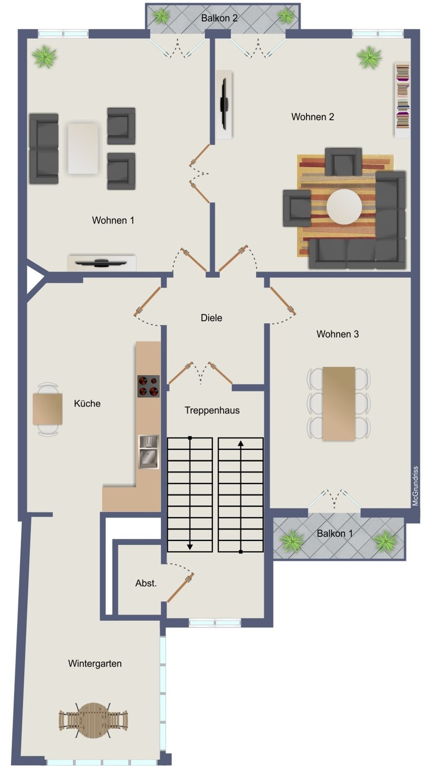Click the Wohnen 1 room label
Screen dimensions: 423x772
113,220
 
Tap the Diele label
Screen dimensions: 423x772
211,318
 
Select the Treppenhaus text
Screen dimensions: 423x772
212,410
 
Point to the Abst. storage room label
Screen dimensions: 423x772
146,583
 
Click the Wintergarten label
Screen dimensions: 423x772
95,663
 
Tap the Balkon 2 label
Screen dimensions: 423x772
219,18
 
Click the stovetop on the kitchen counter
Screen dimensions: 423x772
149,386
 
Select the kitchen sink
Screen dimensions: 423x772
149,452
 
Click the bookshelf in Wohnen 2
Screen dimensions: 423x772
402,100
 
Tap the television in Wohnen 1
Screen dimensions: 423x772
101,263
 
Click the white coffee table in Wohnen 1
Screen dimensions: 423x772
83,148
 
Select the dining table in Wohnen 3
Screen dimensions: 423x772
339,403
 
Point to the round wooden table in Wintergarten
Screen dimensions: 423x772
93,720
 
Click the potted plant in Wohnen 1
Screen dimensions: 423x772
44,57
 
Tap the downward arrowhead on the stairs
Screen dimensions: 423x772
190,546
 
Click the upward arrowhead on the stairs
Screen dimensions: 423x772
241,444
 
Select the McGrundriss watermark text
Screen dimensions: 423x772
415,486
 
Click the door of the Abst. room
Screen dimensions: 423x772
180,588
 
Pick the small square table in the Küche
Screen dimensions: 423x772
47,409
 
